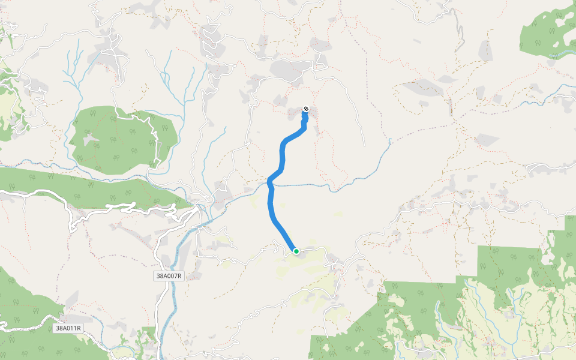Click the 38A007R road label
point(168,276)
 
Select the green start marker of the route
point(296,251)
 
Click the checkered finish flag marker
point(306,109)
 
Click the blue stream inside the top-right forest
point(564,54)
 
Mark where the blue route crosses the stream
point(271,184)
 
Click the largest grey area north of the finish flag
point(291,69)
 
